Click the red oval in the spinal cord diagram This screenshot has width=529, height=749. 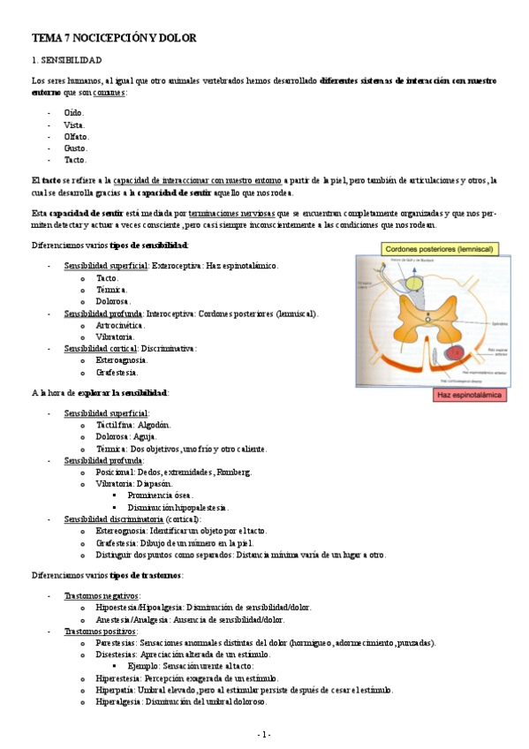point(457,353)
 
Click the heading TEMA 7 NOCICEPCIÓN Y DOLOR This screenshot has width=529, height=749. point(114,39)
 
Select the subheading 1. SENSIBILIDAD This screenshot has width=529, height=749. point(67,60)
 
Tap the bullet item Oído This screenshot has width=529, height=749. point(74,113)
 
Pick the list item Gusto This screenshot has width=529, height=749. point(76,149)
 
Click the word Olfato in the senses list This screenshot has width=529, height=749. point(77,137)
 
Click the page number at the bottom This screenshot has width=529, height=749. point(264,734)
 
